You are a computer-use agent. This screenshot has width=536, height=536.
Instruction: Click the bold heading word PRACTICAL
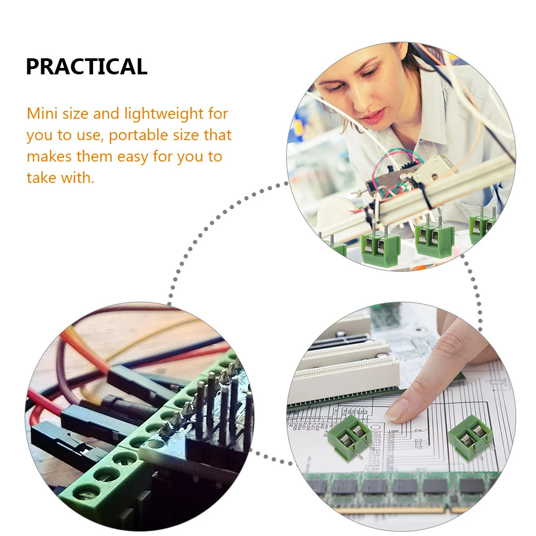[x=86, y=66]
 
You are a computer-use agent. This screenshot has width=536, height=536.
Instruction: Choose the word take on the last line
[x=41, y=178]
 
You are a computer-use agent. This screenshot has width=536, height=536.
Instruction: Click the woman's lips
[x=373, y=116]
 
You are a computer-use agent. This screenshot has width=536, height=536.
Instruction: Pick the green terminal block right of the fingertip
[x=470, y=437]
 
